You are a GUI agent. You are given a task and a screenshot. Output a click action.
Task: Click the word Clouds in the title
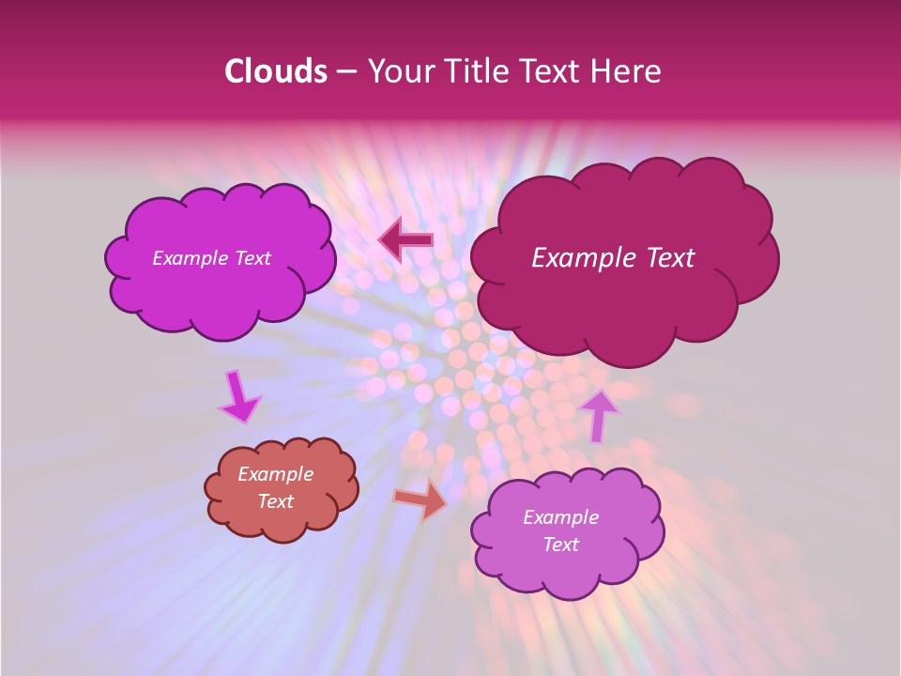(275, 71)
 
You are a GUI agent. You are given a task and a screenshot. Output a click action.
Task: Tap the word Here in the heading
(628, 71)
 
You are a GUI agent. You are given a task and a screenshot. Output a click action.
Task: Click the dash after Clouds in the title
(345, 72)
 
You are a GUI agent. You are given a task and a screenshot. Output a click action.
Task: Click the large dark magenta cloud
(624, 300)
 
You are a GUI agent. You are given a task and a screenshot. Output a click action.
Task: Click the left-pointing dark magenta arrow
(405, 240)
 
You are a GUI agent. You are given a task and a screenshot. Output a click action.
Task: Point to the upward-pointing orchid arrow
(598, 415)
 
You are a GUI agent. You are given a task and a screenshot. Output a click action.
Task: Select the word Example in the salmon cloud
(276, 474)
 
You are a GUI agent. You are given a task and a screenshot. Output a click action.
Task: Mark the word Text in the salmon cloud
(276, 501)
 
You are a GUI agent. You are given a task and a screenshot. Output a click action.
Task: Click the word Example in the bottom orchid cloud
(560, 517)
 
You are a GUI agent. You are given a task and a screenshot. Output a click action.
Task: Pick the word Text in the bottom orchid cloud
(560, 545)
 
